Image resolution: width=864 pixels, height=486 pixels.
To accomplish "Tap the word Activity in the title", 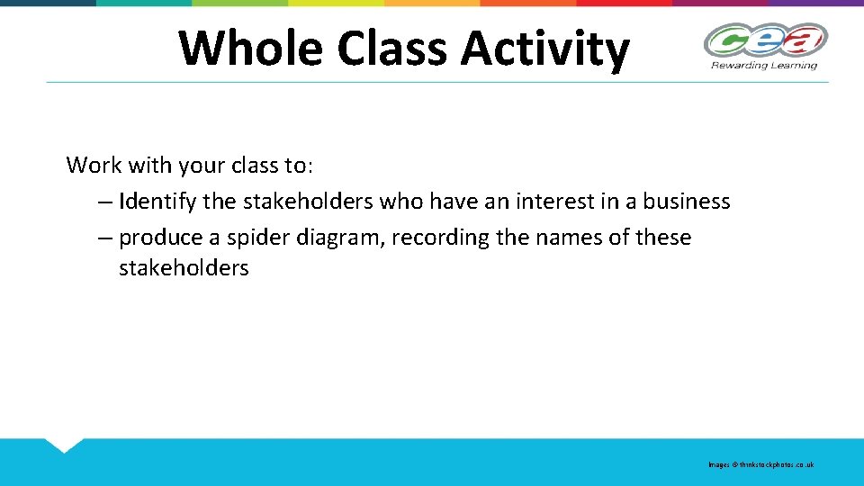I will click(544, 48).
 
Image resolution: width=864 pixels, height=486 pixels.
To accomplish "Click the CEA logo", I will click(765, 40).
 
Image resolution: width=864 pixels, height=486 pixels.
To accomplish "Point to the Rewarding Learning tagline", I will click(764, 65).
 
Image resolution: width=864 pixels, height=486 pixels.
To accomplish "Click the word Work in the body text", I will click(93, 166).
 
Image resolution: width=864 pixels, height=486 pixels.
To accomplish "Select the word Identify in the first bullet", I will click(157, 202).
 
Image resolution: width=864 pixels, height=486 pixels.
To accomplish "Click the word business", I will click(686, 202).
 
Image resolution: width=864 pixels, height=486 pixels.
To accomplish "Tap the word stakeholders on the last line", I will click(184, 268).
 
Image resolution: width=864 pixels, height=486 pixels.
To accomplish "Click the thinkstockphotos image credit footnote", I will click(760, 464).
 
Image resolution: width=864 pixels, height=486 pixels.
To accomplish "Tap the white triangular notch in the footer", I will click(64, 444).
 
